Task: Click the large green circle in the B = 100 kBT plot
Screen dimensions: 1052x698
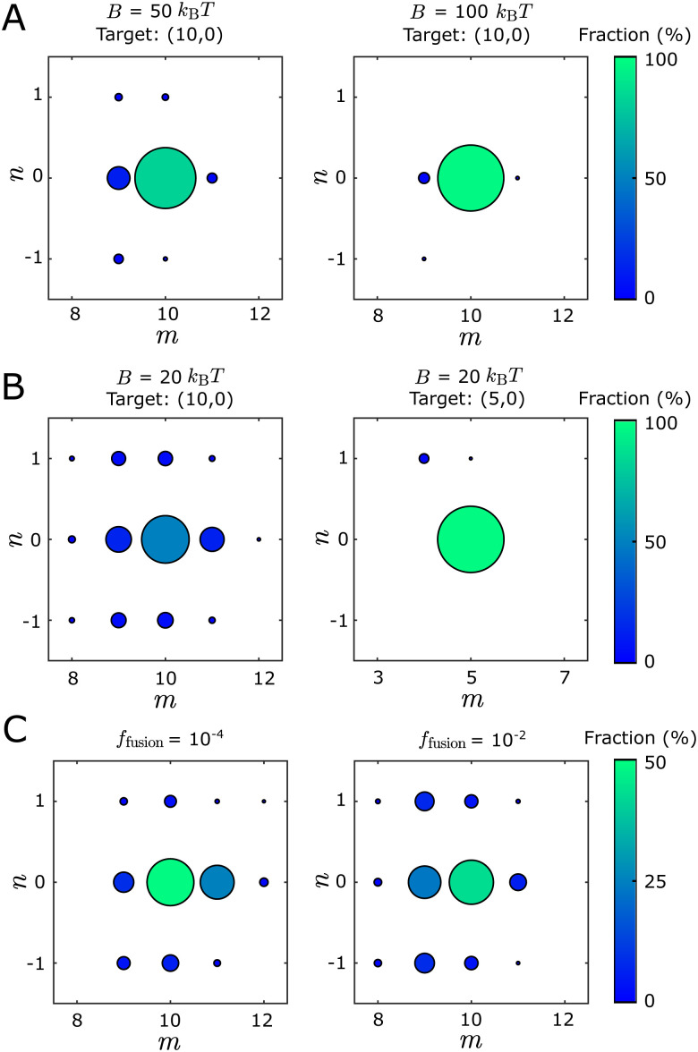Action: [471, 178]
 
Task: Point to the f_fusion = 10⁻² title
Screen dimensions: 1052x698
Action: [471, 739]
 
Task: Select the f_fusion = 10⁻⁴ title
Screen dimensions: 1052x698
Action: [165, 739]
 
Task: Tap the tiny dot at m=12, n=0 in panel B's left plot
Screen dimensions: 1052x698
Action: [259, 539]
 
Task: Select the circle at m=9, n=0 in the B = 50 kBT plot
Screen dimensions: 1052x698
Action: [118, 178]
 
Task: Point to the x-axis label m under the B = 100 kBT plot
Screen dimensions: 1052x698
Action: [471, 338]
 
